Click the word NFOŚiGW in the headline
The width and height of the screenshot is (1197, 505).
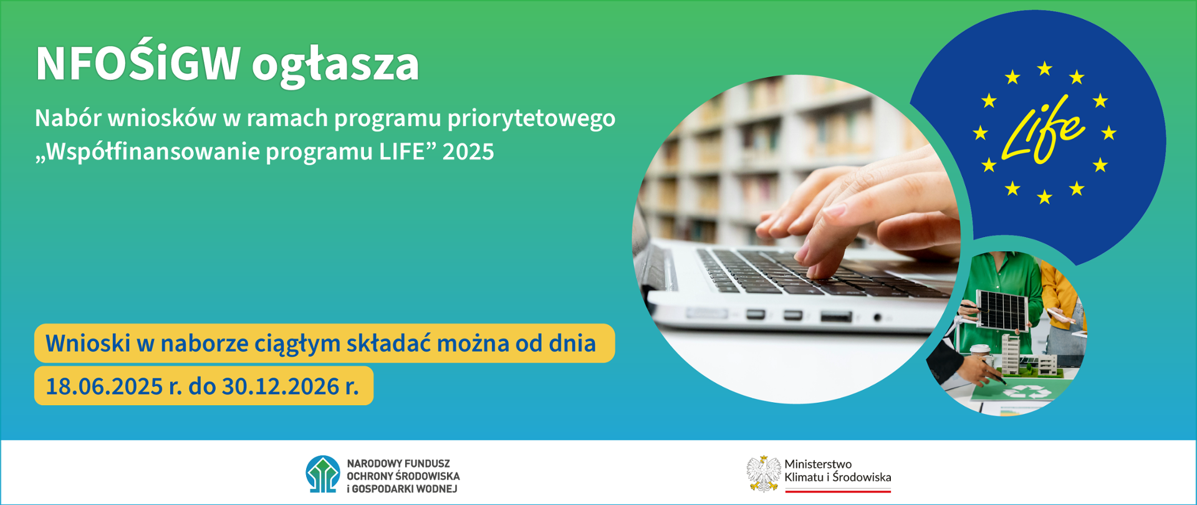pyautogui.click(x=138, y=64)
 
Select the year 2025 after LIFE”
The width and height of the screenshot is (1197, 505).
pyautogui.click(x=468, y=151)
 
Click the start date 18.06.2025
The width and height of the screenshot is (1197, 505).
pyautogui.click(x=104, y=387)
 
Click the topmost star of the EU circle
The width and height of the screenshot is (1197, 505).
pyautogui.click(x=1044, y=68)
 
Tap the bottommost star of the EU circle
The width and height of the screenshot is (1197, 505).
pyautogui.click(x=1044, y=198)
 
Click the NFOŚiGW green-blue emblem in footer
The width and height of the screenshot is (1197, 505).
pyautogui.click(x=322, y=474)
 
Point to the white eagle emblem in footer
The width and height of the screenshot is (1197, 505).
pyautogui.click(x=763, y=474)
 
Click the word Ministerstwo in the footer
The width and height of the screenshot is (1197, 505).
pyautogui.click(x=817, y=464)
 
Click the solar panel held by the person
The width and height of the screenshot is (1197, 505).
pyautogui.click(x=1001, y=309)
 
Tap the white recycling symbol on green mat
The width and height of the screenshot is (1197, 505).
pyautogui.click(x=1022, y=392)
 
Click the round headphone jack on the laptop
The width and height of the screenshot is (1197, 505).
pyautogui.click(x=877, y=318)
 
